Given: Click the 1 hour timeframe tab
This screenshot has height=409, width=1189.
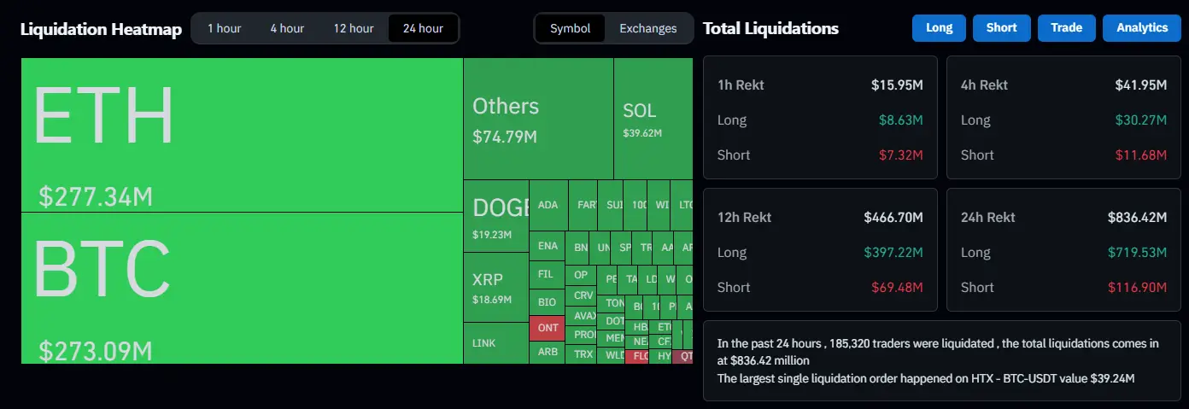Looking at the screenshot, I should pos(224,28).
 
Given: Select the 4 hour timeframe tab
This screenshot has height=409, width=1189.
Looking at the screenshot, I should pos(287,28).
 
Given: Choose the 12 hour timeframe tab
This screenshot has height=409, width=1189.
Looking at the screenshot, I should pos(354,28).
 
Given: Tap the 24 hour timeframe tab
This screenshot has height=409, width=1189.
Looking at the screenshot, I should pos(423,28).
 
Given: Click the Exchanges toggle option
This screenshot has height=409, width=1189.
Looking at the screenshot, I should pos(648,28).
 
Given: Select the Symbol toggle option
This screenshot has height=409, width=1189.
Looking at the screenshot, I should pos(570,28).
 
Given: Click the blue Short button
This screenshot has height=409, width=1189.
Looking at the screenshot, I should pos(1001,27).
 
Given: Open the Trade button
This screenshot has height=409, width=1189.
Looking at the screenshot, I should pos(1066,27).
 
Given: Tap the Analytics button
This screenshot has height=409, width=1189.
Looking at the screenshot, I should pos(1141,27).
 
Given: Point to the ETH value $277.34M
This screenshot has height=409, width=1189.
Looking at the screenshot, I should pos(96,197).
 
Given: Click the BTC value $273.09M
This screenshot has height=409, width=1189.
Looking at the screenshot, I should pos(96,351).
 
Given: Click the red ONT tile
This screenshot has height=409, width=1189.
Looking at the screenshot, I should pos(548,328).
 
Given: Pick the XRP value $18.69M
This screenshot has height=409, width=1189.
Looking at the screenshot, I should pos(492,300).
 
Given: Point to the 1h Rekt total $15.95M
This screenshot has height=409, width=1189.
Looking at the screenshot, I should pos(897,85).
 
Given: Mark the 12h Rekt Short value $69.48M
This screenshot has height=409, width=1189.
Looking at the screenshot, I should pos(897,287).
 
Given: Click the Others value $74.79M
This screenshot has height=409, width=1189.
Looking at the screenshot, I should pos(505,137).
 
